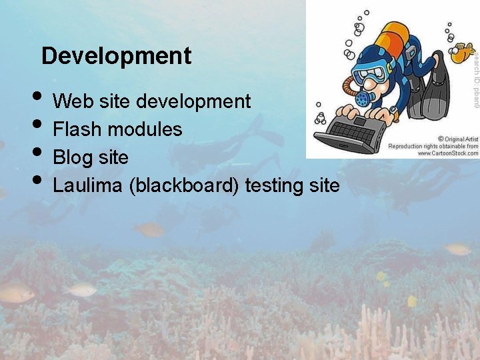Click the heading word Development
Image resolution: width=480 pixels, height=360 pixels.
[x=116, y=56]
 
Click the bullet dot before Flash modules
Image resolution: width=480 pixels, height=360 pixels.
[x=39, y=123]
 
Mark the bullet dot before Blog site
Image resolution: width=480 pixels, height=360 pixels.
[x=39, y=151]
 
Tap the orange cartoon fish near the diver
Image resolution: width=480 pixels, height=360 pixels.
[x=460, y=54]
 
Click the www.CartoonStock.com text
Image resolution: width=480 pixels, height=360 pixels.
[x=447, y=153]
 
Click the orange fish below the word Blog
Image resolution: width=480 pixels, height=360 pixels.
[x=149, y=230]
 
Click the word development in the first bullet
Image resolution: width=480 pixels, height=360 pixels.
[x=193, y=101]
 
